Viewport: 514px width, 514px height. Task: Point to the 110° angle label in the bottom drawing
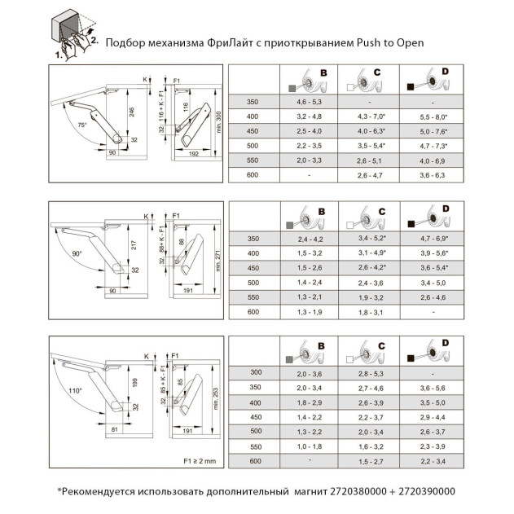[76, 390]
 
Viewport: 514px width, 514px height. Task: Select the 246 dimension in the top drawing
[132, 112]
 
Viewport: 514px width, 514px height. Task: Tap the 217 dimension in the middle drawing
[132, 244]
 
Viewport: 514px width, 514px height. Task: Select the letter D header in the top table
[444, 72]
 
